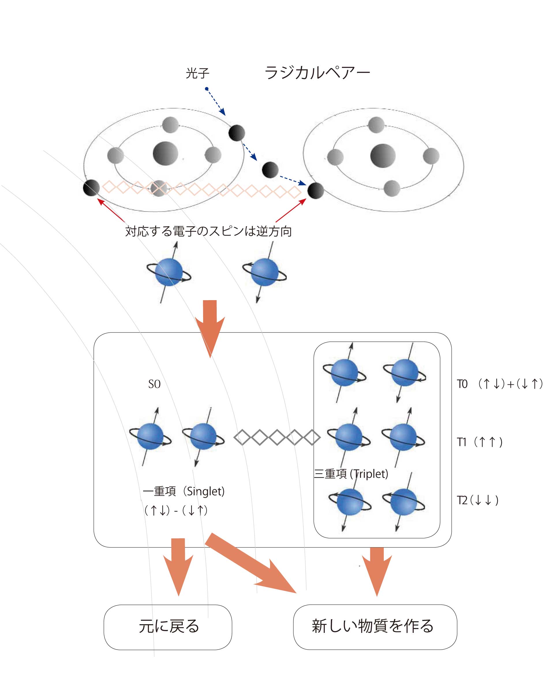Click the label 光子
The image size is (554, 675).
tap(198, 73)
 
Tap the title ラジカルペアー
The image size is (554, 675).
tap(317, 73)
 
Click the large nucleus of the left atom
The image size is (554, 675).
tap(165, 153)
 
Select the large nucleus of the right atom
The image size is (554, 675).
tap(383, 156)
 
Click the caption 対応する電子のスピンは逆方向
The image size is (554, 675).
tap(208, 231)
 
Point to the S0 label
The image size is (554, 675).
tap(154, 384)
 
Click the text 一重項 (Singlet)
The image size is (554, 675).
tap(184, 491)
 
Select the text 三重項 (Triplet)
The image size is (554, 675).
tap(351, 474)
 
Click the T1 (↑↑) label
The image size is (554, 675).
tap(480, 442)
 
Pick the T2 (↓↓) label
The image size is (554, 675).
tap(478, 500)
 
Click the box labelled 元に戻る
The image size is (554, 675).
tap(168, 627)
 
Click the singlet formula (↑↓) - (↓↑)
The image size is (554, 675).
tap(176, 511)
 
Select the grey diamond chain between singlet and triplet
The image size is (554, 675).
tap(277, 437)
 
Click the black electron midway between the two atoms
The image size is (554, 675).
tap(270, 170)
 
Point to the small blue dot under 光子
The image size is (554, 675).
tap(207, 89)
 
